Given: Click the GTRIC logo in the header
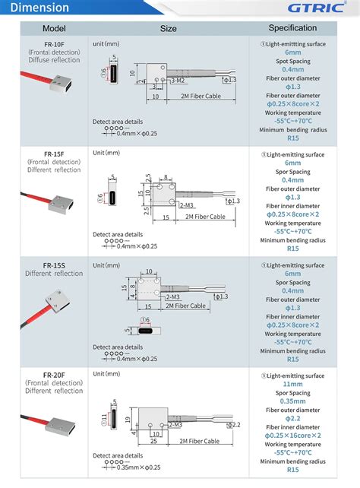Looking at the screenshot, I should pos(317,8).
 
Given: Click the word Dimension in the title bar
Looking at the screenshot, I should pos(39,8).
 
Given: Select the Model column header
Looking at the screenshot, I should pos(44,28).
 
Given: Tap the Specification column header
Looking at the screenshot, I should pos(292,28).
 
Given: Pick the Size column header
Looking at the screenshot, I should pos(168,29).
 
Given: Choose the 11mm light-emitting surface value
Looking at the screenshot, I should pos(292,386).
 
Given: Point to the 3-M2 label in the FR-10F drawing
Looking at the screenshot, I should pos(177,80).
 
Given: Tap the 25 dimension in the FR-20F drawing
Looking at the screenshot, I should pos(153,441).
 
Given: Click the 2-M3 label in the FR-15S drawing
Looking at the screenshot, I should pos(172,296).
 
